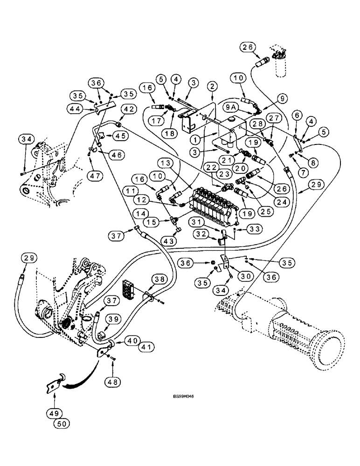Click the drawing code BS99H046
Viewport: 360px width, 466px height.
click(183, 397)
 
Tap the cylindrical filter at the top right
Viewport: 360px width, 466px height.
click(280, 62)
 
